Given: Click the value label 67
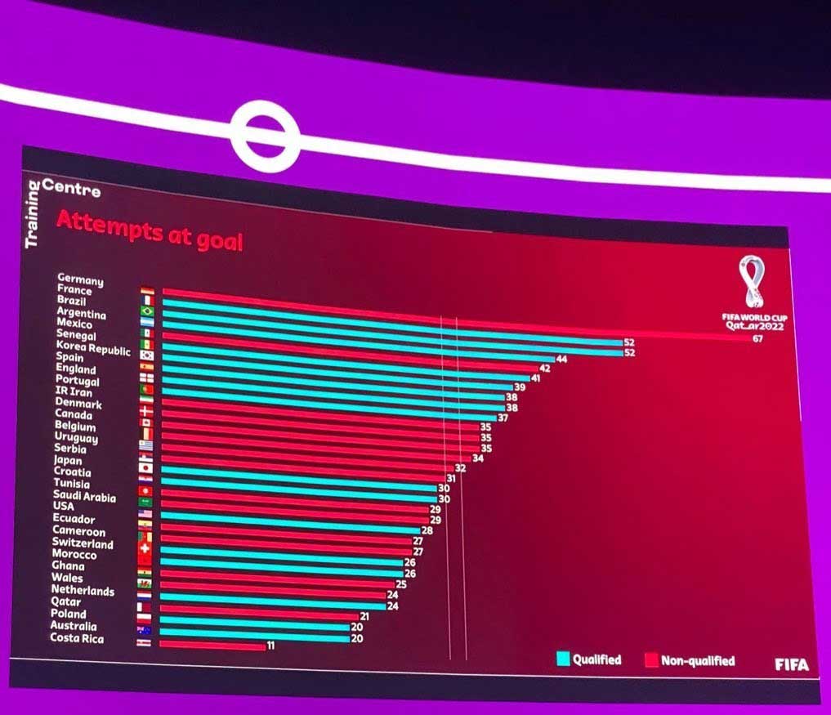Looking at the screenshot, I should tap(757, 338).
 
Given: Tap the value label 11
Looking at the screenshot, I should tap(270, 646).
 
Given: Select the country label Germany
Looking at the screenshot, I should tap(80, 280).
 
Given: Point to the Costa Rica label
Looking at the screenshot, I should tap(77, 637).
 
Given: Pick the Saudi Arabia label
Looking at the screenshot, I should tap(84, 496).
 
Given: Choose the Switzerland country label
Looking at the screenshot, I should tap(83, 543).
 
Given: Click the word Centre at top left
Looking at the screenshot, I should tap(71, 189).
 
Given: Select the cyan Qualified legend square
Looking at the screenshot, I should tap(563, 659).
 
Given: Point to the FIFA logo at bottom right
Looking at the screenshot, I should tap(791, 664).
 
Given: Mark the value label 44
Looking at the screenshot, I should tap(561, 359).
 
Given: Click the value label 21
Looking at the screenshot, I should tap(364, 616).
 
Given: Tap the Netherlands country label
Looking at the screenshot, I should tap(83, 590).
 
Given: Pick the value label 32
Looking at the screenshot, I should tap(460, 468).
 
